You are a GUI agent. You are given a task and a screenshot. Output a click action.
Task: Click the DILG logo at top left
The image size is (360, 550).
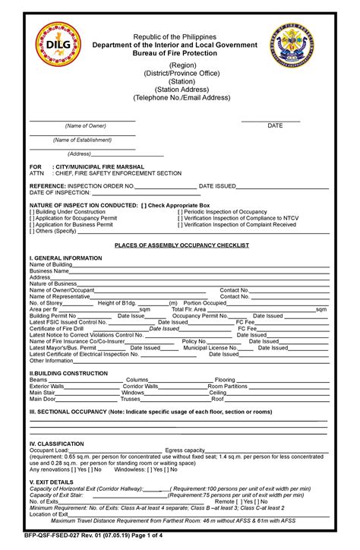58,45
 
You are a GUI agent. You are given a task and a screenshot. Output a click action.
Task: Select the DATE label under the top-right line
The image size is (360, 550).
275,125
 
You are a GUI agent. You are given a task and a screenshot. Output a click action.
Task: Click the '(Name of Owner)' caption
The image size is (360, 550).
86,125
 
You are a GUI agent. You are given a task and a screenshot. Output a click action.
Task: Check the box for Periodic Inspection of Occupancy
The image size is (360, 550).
180,212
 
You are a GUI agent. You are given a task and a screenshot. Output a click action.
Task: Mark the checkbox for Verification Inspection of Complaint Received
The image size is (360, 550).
180,225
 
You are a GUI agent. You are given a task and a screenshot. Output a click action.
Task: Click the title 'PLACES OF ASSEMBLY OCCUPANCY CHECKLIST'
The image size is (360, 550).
182,246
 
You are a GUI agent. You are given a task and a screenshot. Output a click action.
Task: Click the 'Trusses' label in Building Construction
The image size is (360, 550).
131,399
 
